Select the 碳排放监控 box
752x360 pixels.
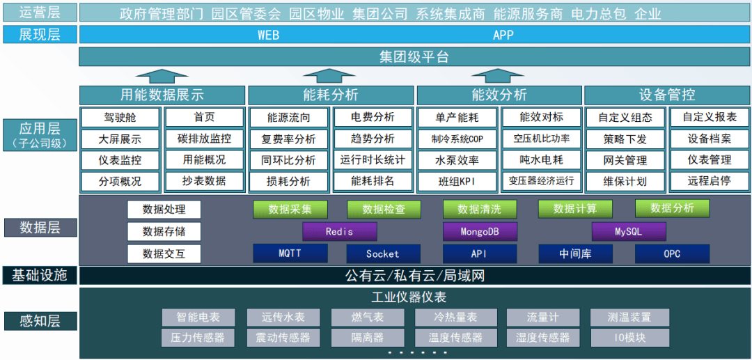204,139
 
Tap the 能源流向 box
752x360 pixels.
288,118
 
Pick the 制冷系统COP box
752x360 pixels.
457,139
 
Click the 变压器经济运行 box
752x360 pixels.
541,181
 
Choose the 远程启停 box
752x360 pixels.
710,181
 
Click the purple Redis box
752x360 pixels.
339,232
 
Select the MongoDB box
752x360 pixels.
479,232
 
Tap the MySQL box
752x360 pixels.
628,232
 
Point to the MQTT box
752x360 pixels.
290,253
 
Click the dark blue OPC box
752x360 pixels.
671,253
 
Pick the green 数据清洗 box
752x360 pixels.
479,209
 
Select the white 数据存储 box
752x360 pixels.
164,231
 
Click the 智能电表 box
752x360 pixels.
198,318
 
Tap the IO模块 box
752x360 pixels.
629,338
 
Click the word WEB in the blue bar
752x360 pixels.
268,35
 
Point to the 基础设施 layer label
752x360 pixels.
39,276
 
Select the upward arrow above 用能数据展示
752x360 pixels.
162,75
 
